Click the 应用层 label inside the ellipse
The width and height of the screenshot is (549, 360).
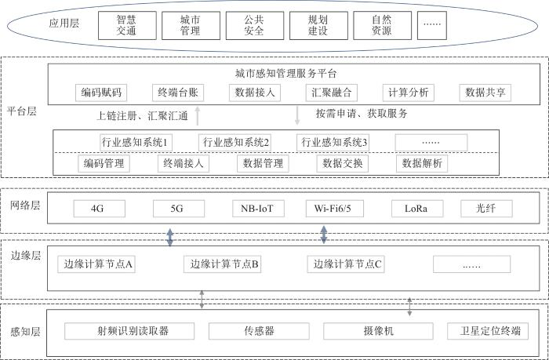coord(65,26)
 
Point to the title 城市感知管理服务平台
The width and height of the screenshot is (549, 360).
coord(285,73)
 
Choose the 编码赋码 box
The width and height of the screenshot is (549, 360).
coord(101,93)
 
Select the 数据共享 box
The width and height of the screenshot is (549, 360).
coord(485,93)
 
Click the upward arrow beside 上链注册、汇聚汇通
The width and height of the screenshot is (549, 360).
coord(198,115)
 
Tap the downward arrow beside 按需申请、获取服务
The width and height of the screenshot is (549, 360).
coord(297,115)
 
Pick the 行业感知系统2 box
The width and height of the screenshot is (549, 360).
coord(235,142)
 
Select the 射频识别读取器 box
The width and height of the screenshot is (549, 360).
coord(129,331)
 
